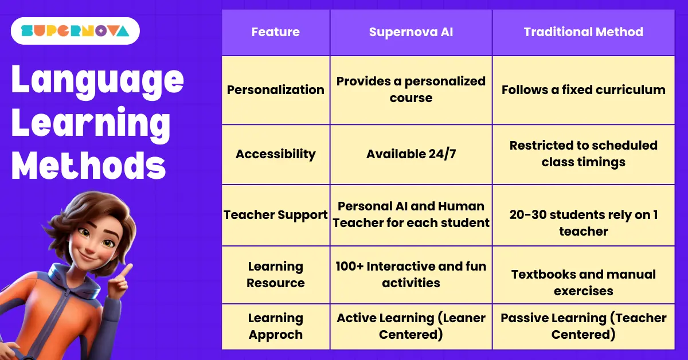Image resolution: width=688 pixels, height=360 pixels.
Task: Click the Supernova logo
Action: (75, 31)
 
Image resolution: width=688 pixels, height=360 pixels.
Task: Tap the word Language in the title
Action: (97, 80)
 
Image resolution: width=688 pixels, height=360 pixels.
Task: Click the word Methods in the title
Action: (89, 166)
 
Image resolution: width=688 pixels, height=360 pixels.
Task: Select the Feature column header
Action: (276, 32)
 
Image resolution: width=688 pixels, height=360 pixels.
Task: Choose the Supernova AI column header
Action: (411, 32)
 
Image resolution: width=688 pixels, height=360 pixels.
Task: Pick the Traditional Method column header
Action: (583, 32)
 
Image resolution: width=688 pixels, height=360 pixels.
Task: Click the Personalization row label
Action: (276, 90)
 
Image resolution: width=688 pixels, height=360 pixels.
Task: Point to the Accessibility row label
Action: (276, 154)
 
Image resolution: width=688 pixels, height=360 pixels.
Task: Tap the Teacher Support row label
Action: (276, 215)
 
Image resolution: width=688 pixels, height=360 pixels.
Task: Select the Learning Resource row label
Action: (276, 275)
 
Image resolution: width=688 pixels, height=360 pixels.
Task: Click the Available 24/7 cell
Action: (411, 154)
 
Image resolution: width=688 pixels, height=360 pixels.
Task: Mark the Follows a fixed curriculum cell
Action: (583, 90)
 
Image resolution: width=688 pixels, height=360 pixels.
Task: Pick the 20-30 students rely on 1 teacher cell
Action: (583, 223)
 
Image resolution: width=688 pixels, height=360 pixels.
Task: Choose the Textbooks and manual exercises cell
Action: (583, 283)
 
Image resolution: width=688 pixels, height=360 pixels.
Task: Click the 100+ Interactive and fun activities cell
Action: (411, 275)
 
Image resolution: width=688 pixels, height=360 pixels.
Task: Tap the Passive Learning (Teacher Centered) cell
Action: (583, 326)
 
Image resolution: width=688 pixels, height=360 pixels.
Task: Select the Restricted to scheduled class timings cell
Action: (583, 154)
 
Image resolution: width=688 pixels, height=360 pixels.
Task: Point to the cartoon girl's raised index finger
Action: (127, 268)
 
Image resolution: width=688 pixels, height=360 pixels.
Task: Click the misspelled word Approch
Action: (276, 335)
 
